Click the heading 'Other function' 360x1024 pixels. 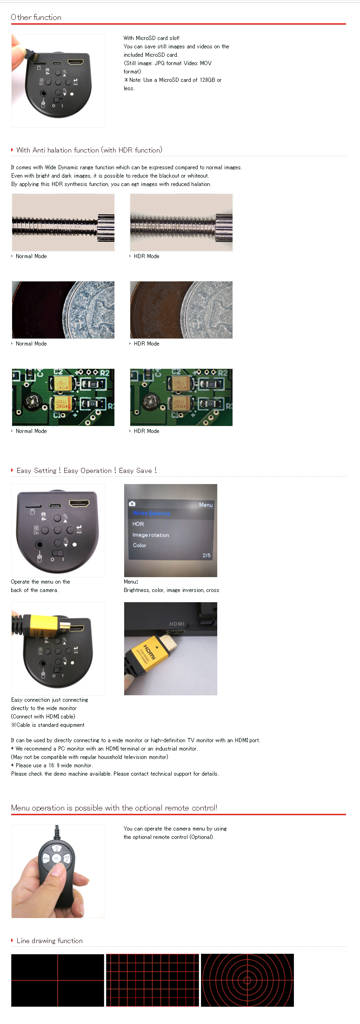36,17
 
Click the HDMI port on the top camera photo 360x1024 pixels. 75,62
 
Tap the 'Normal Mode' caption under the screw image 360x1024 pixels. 31,256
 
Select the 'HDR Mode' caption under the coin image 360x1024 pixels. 147,344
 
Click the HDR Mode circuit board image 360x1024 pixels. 181,397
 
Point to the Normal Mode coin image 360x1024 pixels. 63,310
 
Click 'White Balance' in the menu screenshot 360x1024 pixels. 152,513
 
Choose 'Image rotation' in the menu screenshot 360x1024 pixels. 151,535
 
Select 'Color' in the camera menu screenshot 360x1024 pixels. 140,545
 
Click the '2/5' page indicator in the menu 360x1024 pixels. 207,555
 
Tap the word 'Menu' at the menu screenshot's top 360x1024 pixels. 206,505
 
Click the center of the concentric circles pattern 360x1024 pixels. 247,980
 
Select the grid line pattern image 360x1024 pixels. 153,980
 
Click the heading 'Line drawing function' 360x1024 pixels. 50,941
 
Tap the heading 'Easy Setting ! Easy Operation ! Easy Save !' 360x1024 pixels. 87,471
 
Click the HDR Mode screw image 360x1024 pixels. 181,222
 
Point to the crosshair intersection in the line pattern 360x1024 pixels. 58,981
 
